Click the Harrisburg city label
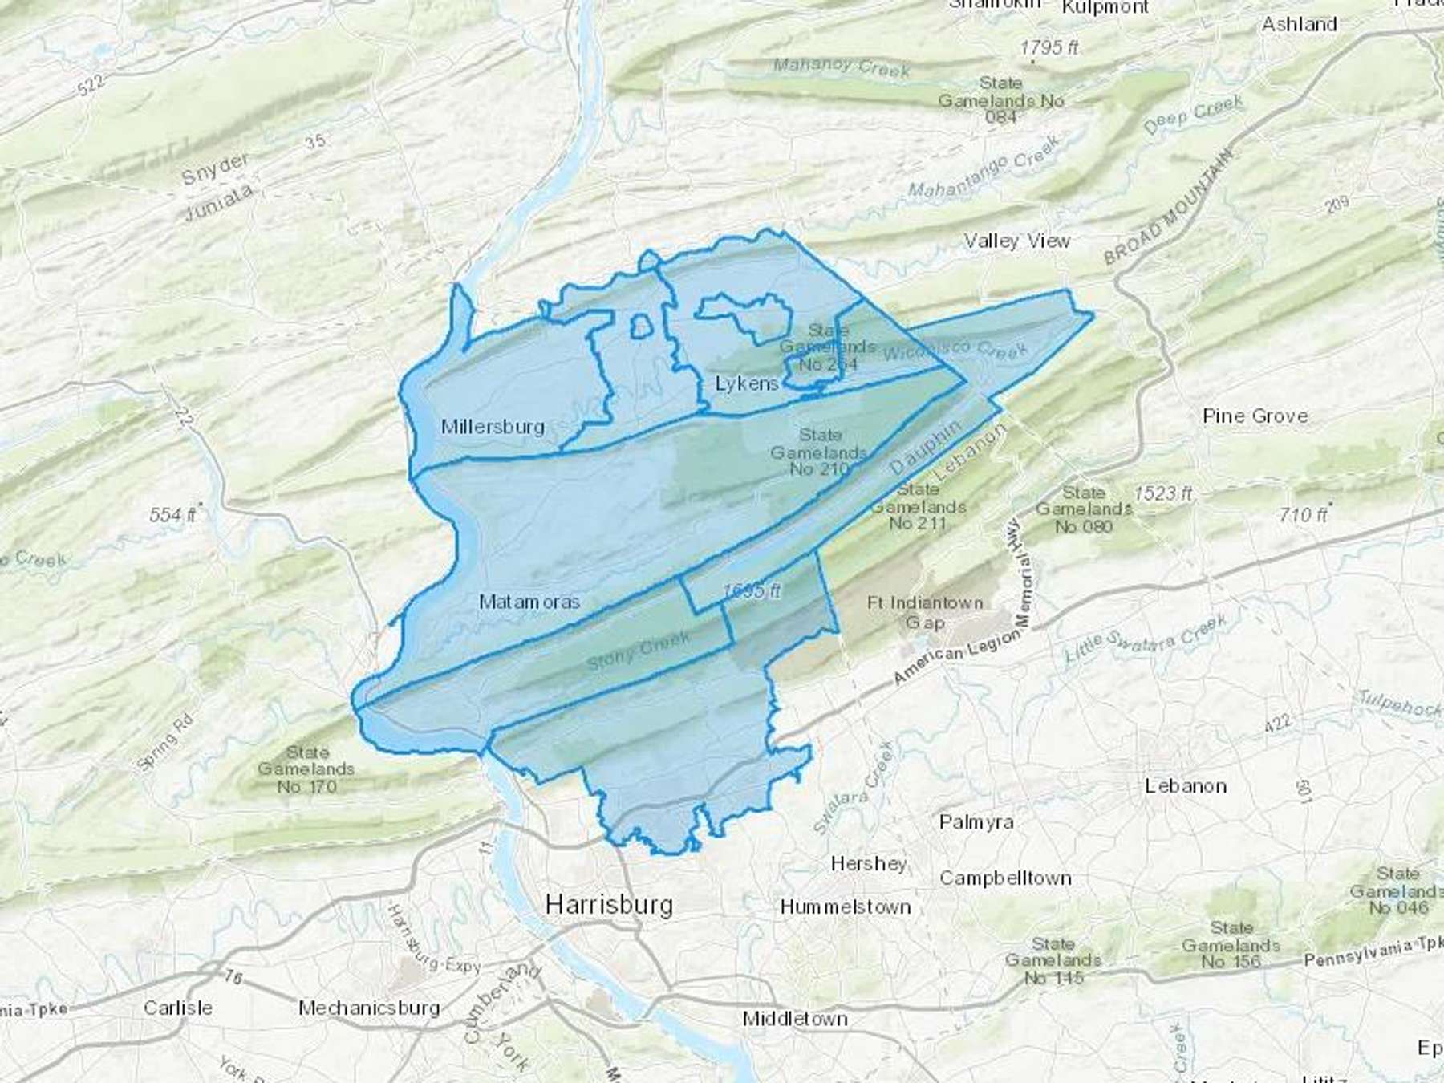609,905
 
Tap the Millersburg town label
493,427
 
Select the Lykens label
747,383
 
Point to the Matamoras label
529,602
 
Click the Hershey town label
869,864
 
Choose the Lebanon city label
1185,786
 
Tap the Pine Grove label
1255,416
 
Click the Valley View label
1016,241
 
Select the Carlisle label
178,1008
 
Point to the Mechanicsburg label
369,1008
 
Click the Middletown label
794,1019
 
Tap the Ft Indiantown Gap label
925,612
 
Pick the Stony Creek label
638,651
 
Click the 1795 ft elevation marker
1049,48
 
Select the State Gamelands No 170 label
306,769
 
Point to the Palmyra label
976,822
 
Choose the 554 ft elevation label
172,514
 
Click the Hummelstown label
846,907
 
